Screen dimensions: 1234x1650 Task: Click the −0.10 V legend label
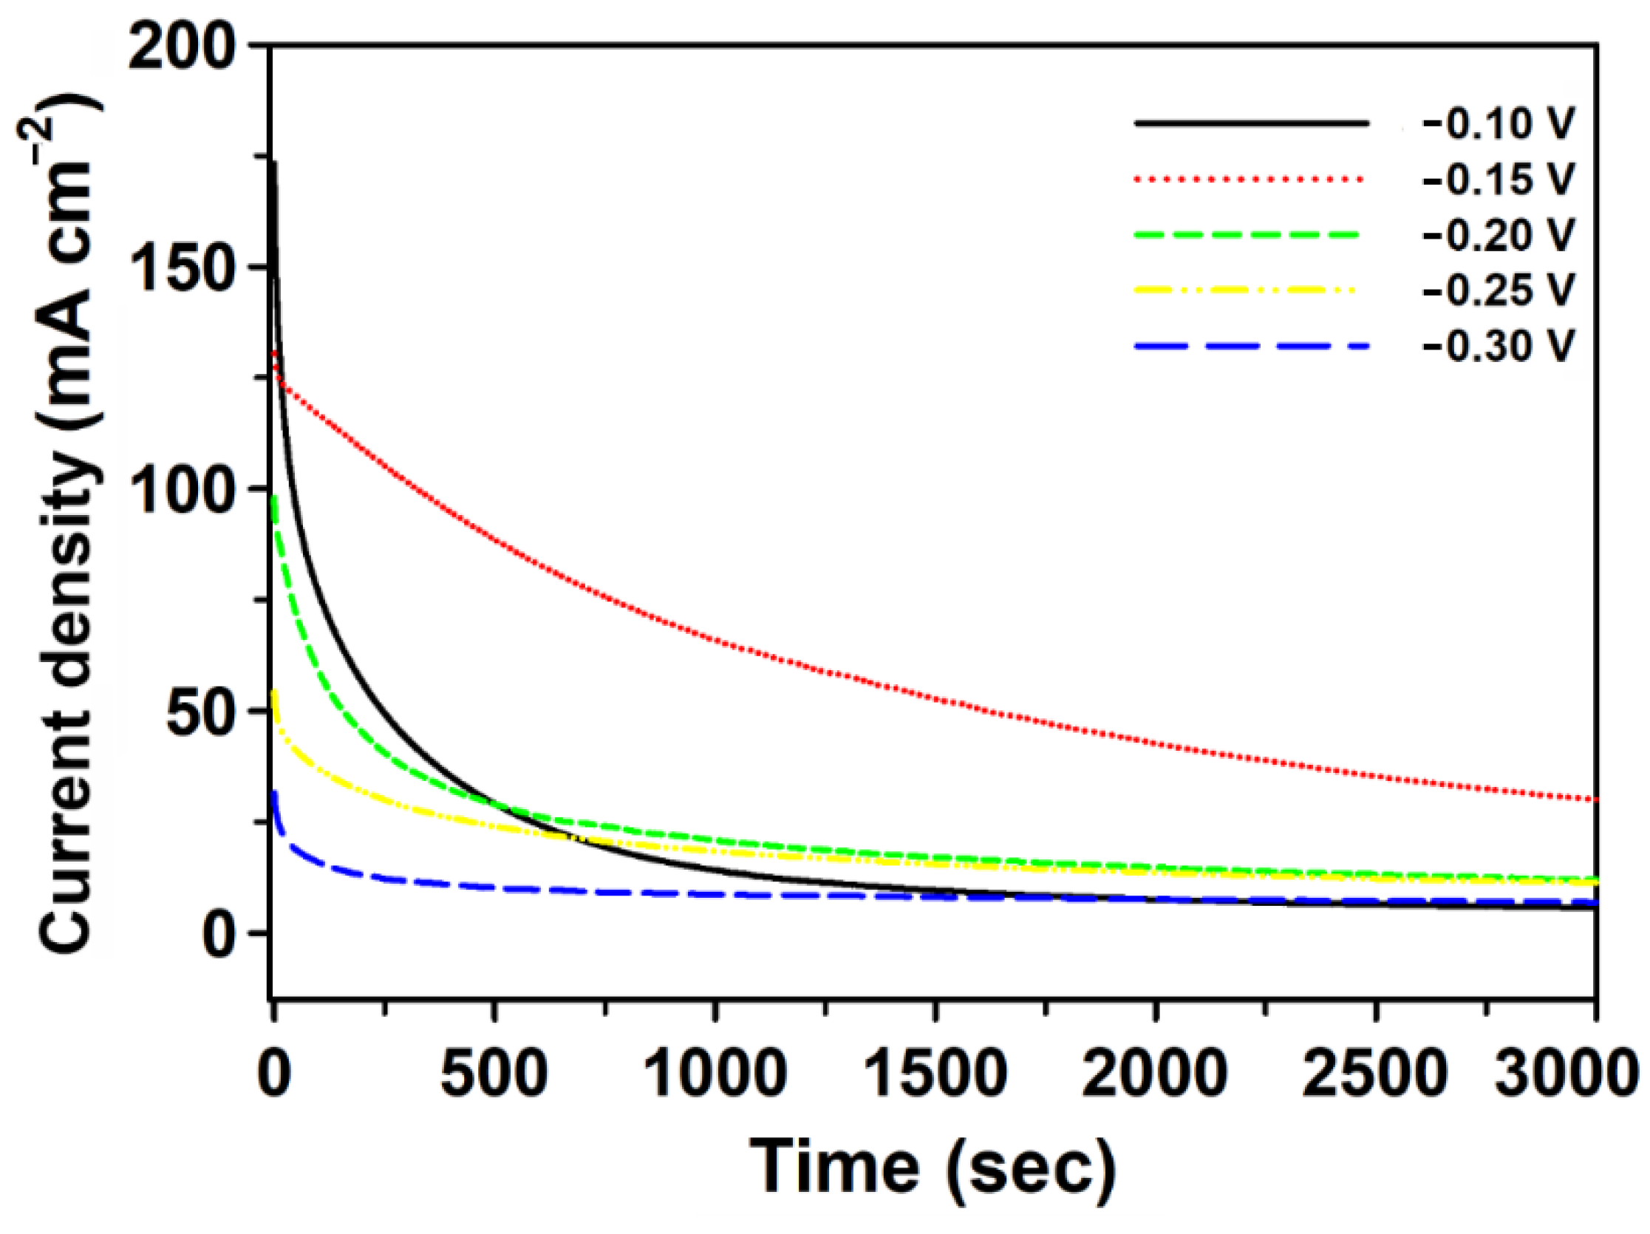(1499, 124)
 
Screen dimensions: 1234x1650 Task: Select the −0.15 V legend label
(1499, 180)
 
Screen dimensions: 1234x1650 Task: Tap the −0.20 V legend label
(1499, 235)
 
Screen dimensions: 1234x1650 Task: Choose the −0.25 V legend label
(1499, 290)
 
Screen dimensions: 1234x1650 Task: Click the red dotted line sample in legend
(1250, 180)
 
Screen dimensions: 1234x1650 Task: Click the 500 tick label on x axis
(494, 1075)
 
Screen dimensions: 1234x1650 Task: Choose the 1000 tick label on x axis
(715, 1075)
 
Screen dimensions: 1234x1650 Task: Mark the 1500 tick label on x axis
(935, 1075)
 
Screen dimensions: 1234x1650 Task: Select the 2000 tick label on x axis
(1156, 1075)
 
